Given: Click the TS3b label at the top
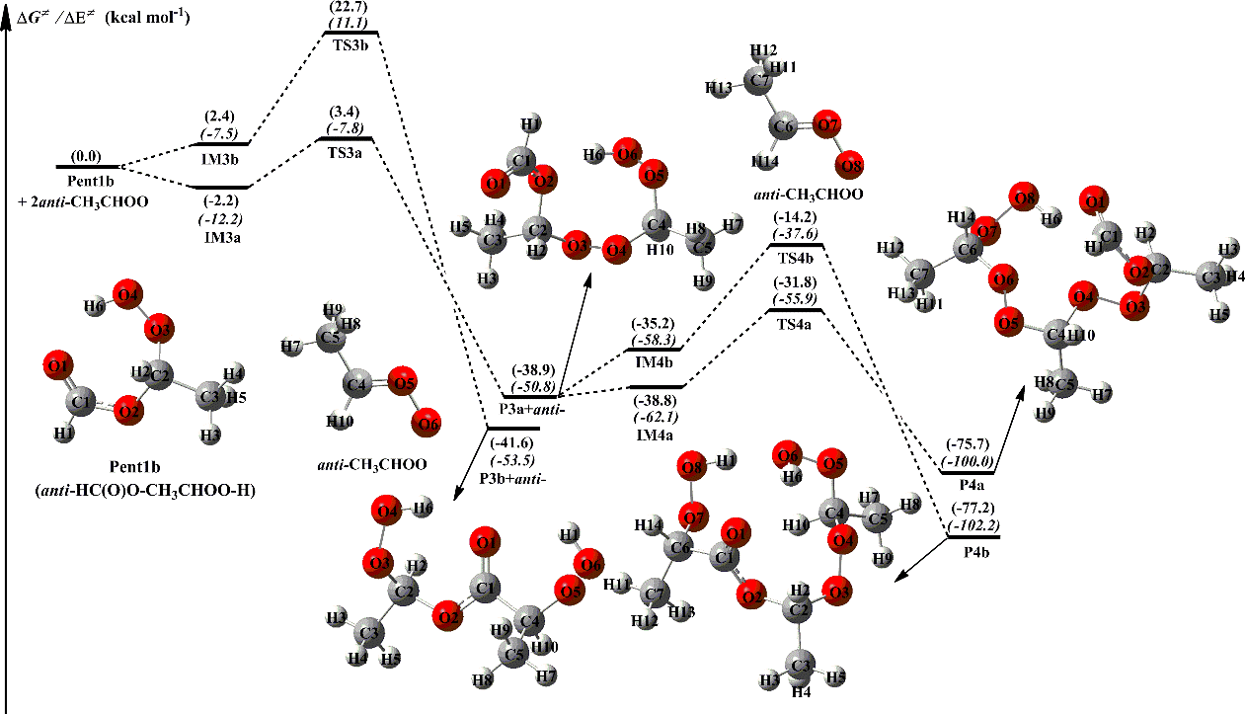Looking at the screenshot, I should pyautogui.click(x=350, y=44).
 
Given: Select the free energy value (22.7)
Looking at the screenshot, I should pyautogui.click(x=350, y=6).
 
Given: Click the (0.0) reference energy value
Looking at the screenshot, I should pyautogui.click(x=87, y=155).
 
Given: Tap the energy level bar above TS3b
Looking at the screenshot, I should pyautogui.click(x=350, y=33).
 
